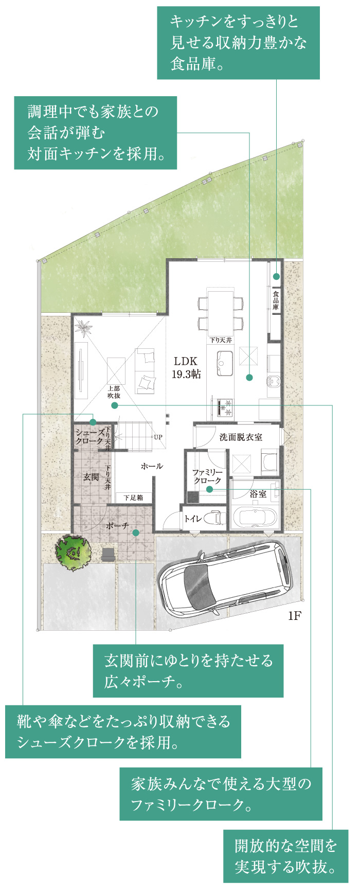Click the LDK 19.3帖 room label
pos(186,367)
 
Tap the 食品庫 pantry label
pos(276,300)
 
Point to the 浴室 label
pos(258,494)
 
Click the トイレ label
pos(193,519)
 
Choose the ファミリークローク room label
pos(207,476)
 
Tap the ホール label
pos(152,466)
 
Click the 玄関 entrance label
pos(91,477)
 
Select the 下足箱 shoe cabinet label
pos(133,497)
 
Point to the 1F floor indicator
pos(294,616)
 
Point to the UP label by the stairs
pos(158,437)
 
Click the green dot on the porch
pos(136,532)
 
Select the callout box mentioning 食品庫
pos(238,43)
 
